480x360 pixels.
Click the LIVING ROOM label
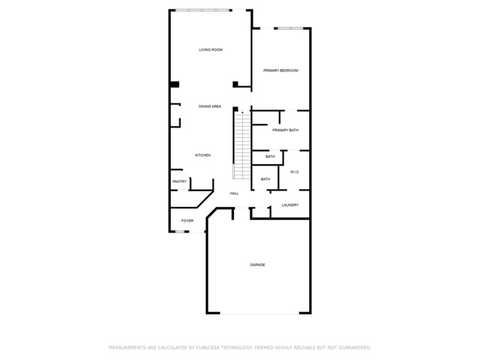point(211,49)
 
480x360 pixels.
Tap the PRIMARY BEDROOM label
point(280,70)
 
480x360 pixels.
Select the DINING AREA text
point(210,106)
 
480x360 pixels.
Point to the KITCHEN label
point(202,155)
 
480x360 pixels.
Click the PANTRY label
point(179,181)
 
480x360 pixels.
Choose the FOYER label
point(187,220)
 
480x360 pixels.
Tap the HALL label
point(235,193)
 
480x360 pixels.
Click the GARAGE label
point(257,265)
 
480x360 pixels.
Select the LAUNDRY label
point(290,205)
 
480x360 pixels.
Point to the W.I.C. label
point(295,172)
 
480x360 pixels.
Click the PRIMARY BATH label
point(285,130)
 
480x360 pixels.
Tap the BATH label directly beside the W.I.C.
point(265,179)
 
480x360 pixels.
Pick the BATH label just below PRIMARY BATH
point(270,157)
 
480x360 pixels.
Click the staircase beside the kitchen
point(242,145)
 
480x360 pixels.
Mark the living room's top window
point(203,10)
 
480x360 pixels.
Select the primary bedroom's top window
point(290,28)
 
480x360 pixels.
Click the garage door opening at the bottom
point(259,313)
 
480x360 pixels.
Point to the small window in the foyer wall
point(180,232)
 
